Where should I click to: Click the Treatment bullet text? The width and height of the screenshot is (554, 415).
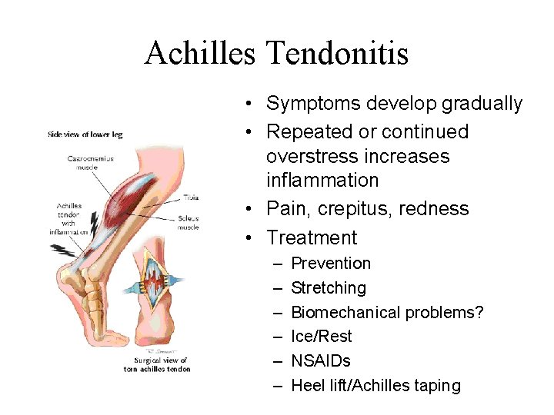312,238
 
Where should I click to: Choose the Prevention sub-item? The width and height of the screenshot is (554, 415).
331,264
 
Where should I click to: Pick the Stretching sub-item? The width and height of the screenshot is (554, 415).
329,288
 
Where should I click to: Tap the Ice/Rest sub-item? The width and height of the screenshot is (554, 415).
322,337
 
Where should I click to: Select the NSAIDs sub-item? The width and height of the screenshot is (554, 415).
321,361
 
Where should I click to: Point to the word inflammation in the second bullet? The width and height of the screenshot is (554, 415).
322,181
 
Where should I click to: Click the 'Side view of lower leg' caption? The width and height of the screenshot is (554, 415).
85,134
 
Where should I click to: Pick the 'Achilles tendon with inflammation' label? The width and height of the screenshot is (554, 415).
69,219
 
